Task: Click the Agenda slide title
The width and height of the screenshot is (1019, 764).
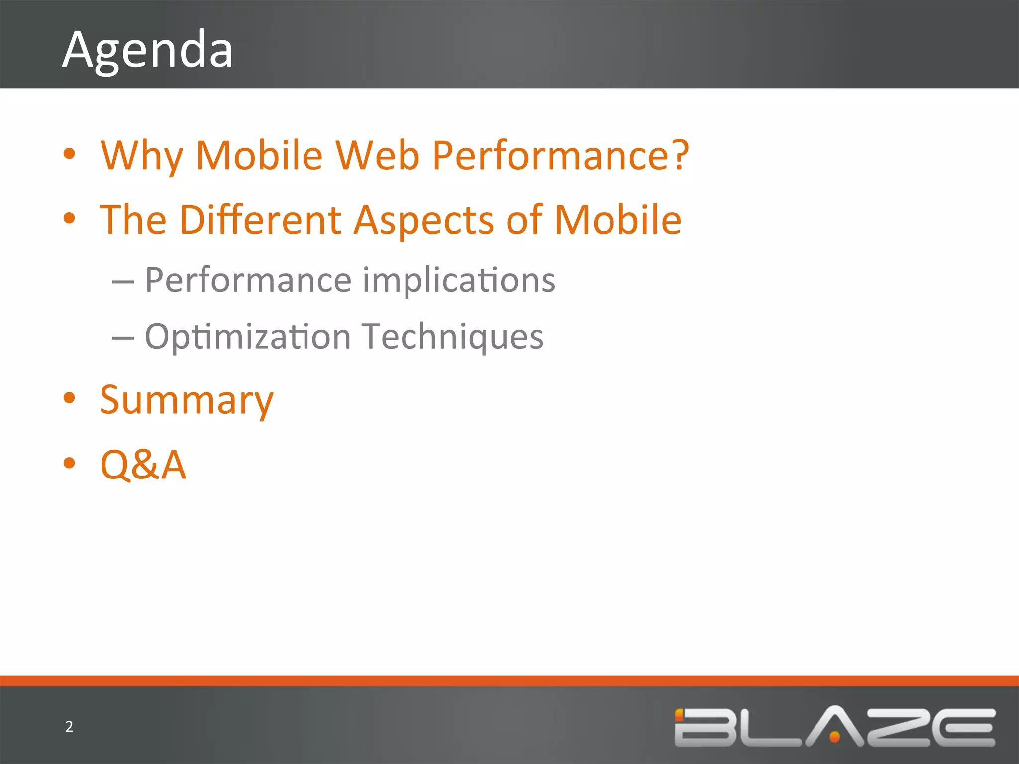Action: click(148, 50)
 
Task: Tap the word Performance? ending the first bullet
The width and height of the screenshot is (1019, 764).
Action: click(560, 156)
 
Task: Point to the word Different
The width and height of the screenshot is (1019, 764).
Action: click(260, 220)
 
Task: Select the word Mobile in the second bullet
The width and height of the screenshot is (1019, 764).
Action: click(617, 220)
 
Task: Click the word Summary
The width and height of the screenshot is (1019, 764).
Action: click(187, 401)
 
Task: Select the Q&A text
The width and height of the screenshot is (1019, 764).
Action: click(143, 465)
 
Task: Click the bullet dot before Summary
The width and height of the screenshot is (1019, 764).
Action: click(69, 398)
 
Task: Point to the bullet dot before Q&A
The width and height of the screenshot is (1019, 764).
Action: click(69, 463)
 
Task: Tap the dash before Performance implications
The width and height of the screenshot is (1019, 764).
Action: click(123, 282)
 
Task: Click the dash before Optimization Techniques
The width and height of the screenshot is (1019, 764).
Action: click(123, 339)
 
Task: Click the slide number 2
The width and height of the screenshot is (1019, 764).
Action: click(69, 727)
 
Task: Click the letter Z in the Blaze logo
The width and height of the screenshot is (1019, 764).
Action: click(901, 727)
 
